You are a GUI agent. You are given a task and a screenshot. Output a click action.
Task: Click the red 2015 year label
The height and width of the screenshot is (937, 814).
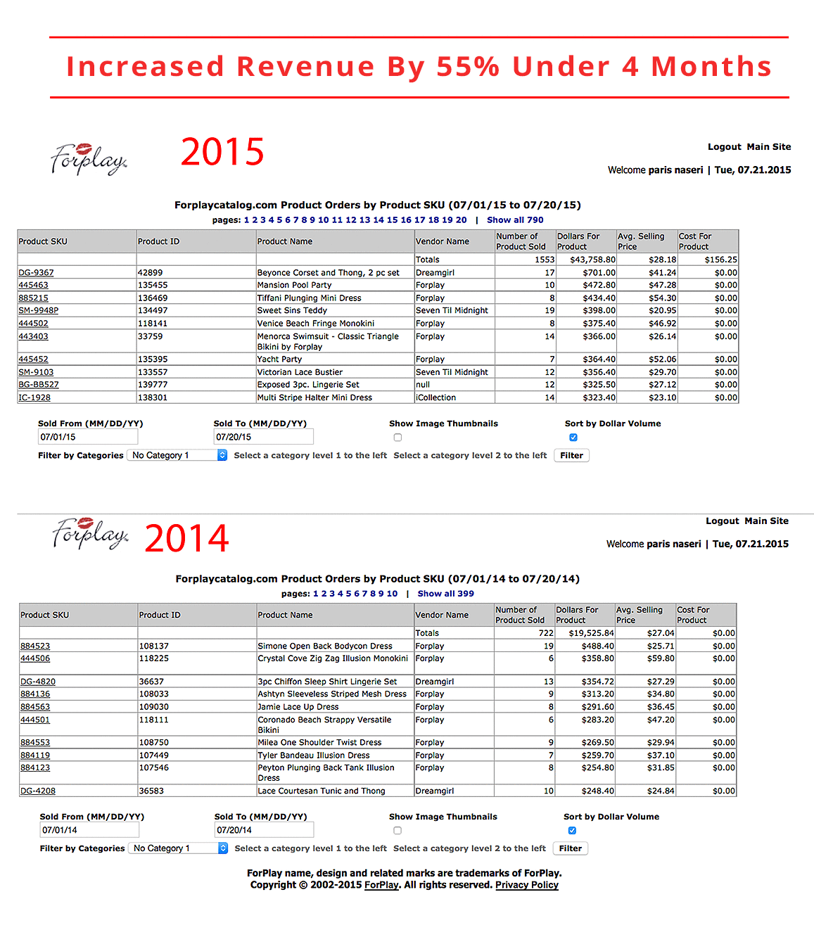pos(222,151)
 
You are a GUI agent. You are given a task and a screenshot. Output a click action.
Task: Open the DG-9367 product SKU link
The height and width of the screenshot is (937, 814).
pos(36,272)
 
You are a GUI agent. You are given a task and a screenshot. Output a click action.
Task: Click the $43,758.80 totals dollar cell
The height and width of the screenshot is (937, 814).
pos(592,260)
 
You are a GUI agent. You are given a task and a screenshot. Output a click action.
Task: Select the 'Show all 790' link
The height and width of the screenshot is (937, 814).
pos(515,219)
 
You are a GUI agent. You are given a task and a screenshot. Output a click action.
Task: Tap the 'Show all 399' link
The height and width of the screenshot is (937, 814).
pos(445,594)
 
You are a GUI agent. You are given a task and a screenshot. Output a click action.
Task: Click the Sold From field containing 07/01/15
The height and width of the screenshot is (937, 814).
pos(87,437)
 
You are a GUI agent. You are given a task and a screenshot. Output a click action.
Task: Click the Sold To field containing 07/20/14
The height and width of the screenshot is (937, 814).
pos(264,830)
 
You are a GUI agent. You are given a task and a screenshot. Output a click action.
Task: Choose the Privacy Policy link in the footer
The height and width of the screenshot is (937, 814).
pos(527,885)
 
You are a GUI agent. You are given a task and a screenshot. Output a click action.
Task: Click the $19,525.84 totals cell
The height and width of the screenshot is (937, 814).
pos(591,633)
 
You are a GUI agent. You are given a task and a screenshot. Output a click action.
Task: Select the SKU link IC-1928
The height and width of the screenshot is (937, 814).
pos(34,397)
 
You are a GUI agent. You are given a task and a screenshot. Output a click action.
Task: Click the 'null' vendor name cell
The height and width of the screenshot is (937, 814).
pos(422,385)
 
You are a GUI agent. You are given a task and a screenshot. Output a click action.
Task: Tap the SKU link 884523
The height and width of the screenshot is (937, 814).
pos(35,646)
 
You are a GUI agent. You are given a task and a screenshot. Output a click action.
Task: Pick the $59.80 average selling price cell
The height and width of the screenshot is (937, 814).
pos(661,658)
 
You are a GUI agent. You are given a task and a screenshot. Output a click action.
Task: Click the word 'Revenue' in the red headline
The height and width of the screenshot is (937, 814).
pos(305,66)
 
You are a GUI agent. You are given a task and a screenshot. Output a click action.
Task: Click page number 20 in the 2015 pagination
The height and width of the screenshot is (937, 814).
pos(461,219)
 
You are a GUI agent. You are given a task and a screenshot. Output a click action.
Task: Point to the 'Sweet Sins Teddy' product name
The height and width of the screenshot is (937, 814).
pos(292,310)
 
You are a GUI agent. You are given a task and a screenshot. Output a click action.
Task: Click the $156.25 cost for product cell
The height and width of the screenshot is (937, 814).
pos(720,260)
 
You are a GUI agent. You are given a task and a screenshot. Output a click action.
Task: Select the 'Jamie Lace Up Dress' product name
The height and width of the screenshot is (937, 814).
pos(298,707)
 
